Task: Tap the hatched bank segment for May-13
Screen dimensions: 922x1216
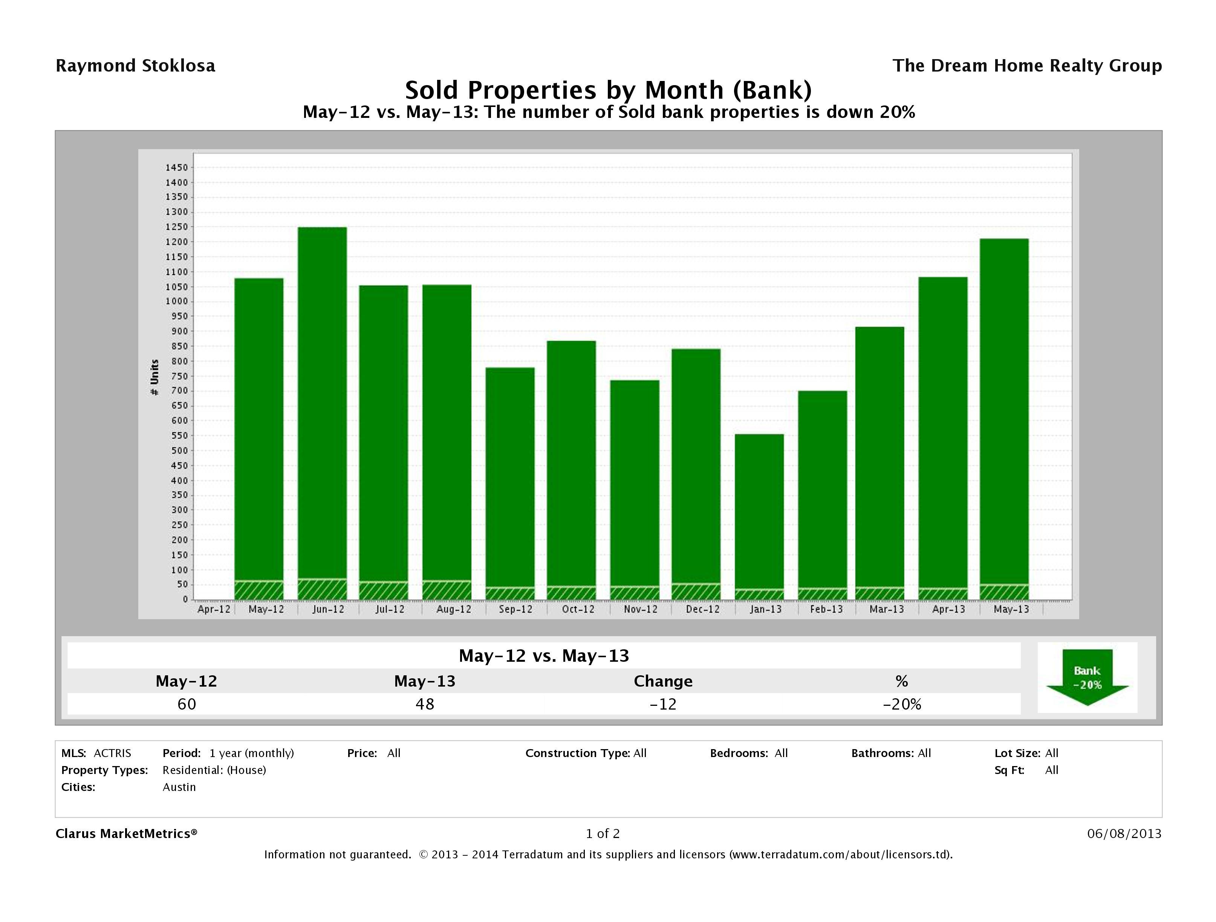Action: point(1004,592)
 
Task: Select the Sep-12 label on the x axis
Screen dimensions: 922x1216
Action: point(515,609)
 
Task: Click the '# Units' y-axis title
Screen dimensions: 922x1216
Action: point(154,377)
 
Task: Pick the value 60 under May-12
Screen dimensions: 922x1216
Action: point(187,704)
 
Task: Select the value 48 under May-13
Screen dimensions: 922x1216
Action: point(425,704)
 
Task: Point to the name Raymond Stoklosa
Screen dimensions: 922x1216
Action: point(135,66)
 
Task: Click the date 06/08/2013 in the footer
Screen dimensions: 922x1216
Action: point(1124,833)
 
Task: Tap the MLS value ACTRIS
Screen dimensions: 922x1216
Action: point(112,753)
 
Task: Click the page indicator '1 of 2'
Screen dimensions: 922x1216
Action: point(603,833)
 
